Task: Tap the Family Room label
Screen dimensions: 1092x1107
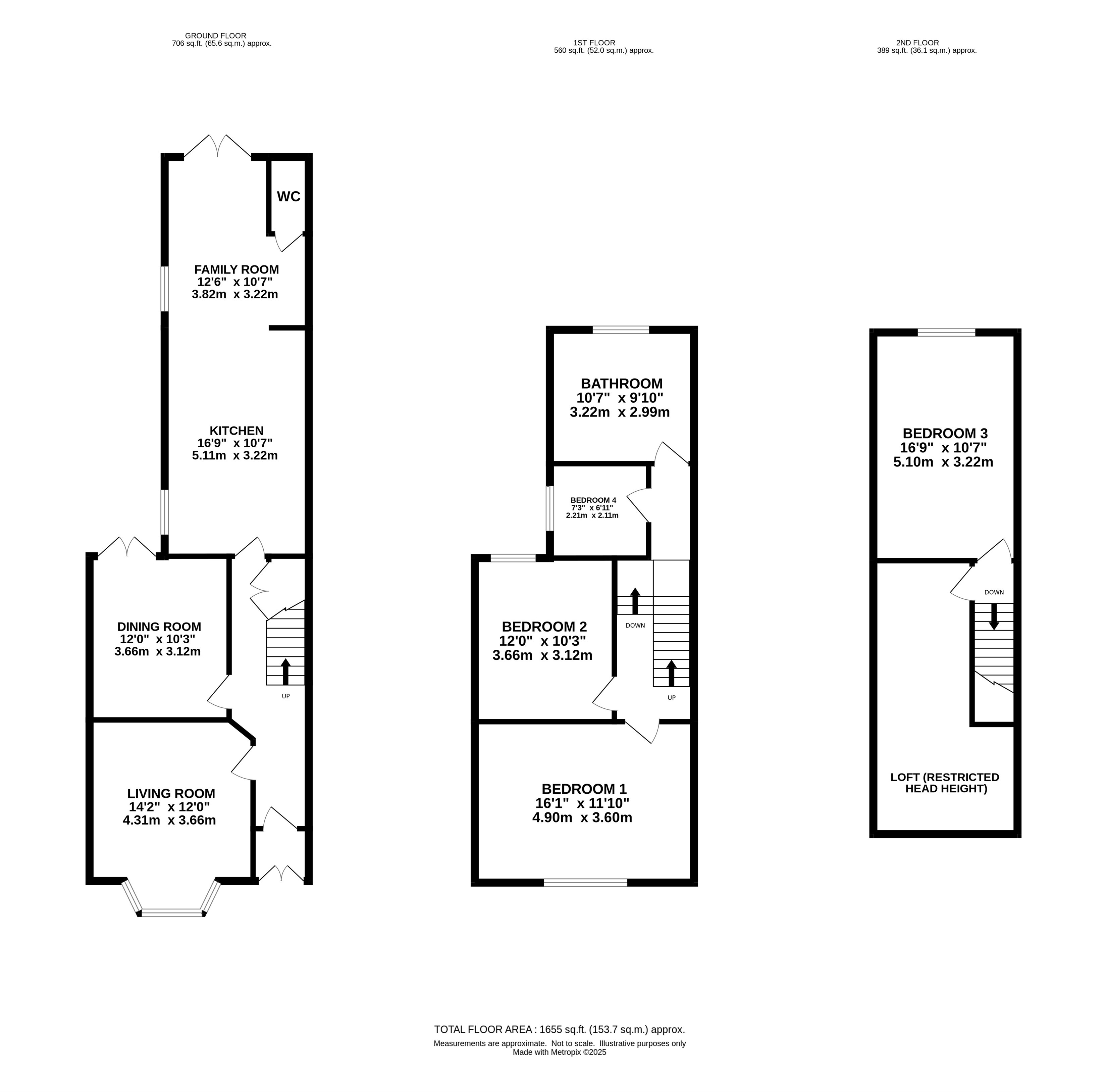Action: pyautogui.click(x=236, y=269)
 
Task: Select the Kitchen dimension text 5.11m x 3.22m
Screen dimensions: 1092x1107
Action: pyautogui.click(x=235, y=456)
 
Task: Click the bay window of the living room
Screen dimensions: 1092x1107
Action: pyautogui.click(x=171, y=912)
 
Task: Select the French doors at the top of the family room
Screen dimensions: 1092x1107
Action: pyautogui.click(x=217, y=146)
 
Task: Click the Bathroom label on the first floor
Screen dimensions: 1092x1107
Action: pyautogui.click(x=621, y=384)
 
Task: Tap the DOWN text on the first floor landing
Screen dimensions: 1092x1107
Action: pyautogui.click(x=635, y=626)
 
